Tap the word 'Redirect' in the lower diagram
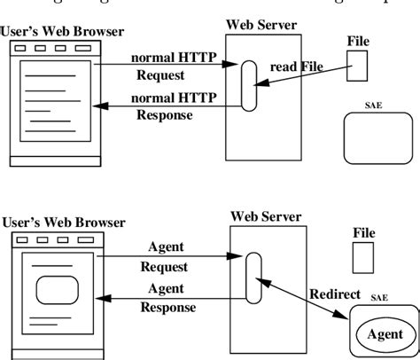[333, 293]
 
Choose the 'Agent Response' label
[165, 296]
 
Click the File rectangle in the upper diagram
[358, 65]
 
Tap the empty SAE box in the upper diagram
[377, 135]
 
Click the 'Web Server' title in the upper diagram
[261, 25]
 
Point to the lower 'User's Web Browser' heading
[62, 223]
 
